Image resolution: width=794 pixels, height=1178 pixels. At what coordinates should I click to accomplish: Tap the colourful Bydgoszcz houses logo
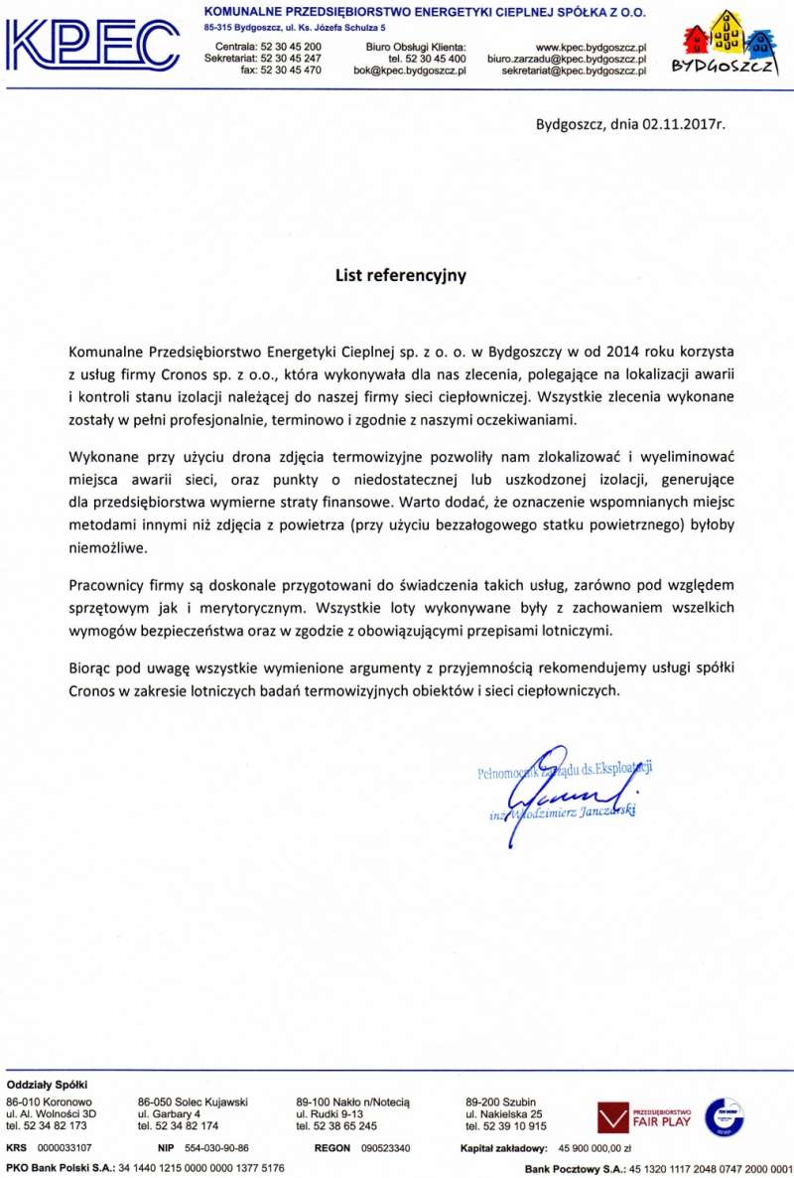pos(733,45)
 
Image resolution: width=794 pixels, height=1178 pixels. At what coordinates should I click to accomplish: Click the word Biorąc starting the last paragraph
pos(90,667)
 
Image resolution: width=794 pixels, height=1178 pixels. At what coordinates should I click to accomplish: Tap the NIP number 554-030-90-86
pos(216,1148)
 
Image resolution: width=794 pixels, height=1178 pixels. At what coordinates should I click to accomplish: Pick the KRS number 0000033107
pos(64,1148)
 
